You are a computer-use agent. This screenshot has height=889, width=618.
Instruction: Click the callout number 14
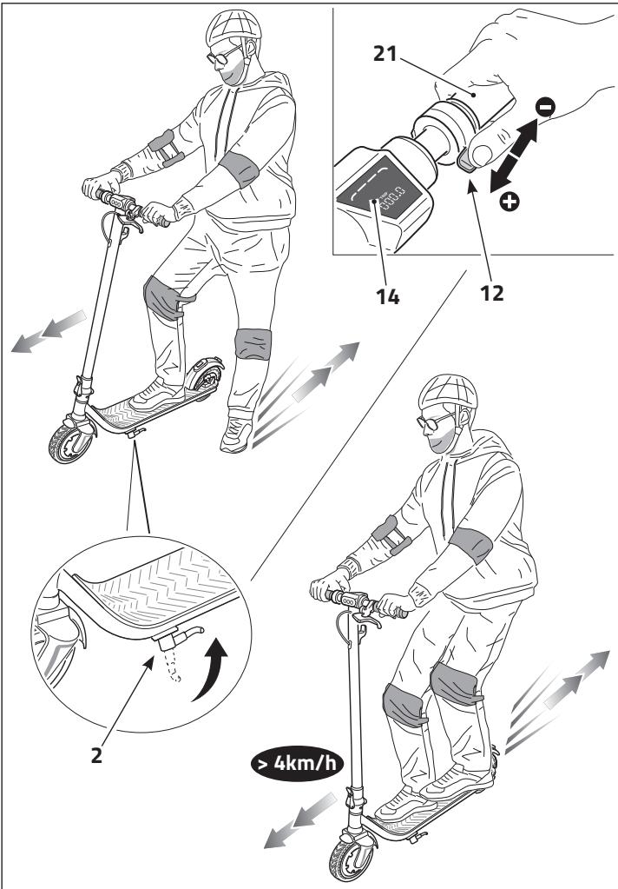click(x=387, y=295)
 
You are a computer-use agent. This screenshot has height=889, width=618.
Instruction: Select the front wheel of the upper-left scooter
click(x=69, y=440)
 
